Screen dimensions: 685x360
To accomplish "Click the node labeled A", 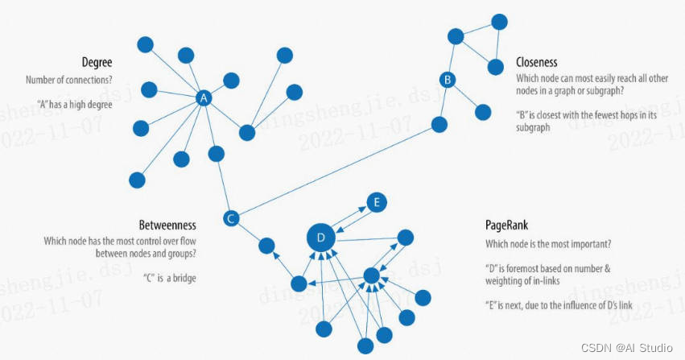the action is click(204, 98).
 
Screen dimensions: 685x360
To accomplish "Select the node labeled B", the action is click(448, 79).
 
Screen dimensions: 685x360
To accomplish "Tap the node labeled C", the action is click(231, 218).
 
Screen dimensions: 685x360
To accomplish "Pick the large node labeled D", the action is click(320, 238).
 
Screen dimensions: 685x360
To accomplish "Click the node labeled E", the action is click(376, 203).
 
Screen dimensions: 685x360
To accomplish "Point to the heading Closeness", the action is click(536, 62).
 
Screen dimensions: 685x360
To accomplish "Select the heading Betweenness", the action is click(167, 223).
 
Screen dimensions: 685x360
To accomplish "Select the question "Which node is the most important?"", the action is click(547, 244).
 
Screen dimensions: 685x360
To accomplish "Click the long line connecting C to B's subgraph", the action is click(338, 170).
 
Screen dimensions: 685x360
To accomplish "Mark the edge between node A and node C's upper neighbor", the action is click(209, 125).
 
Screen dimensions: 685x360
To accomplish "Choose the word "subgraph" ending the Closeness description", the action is click(533, 128).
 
